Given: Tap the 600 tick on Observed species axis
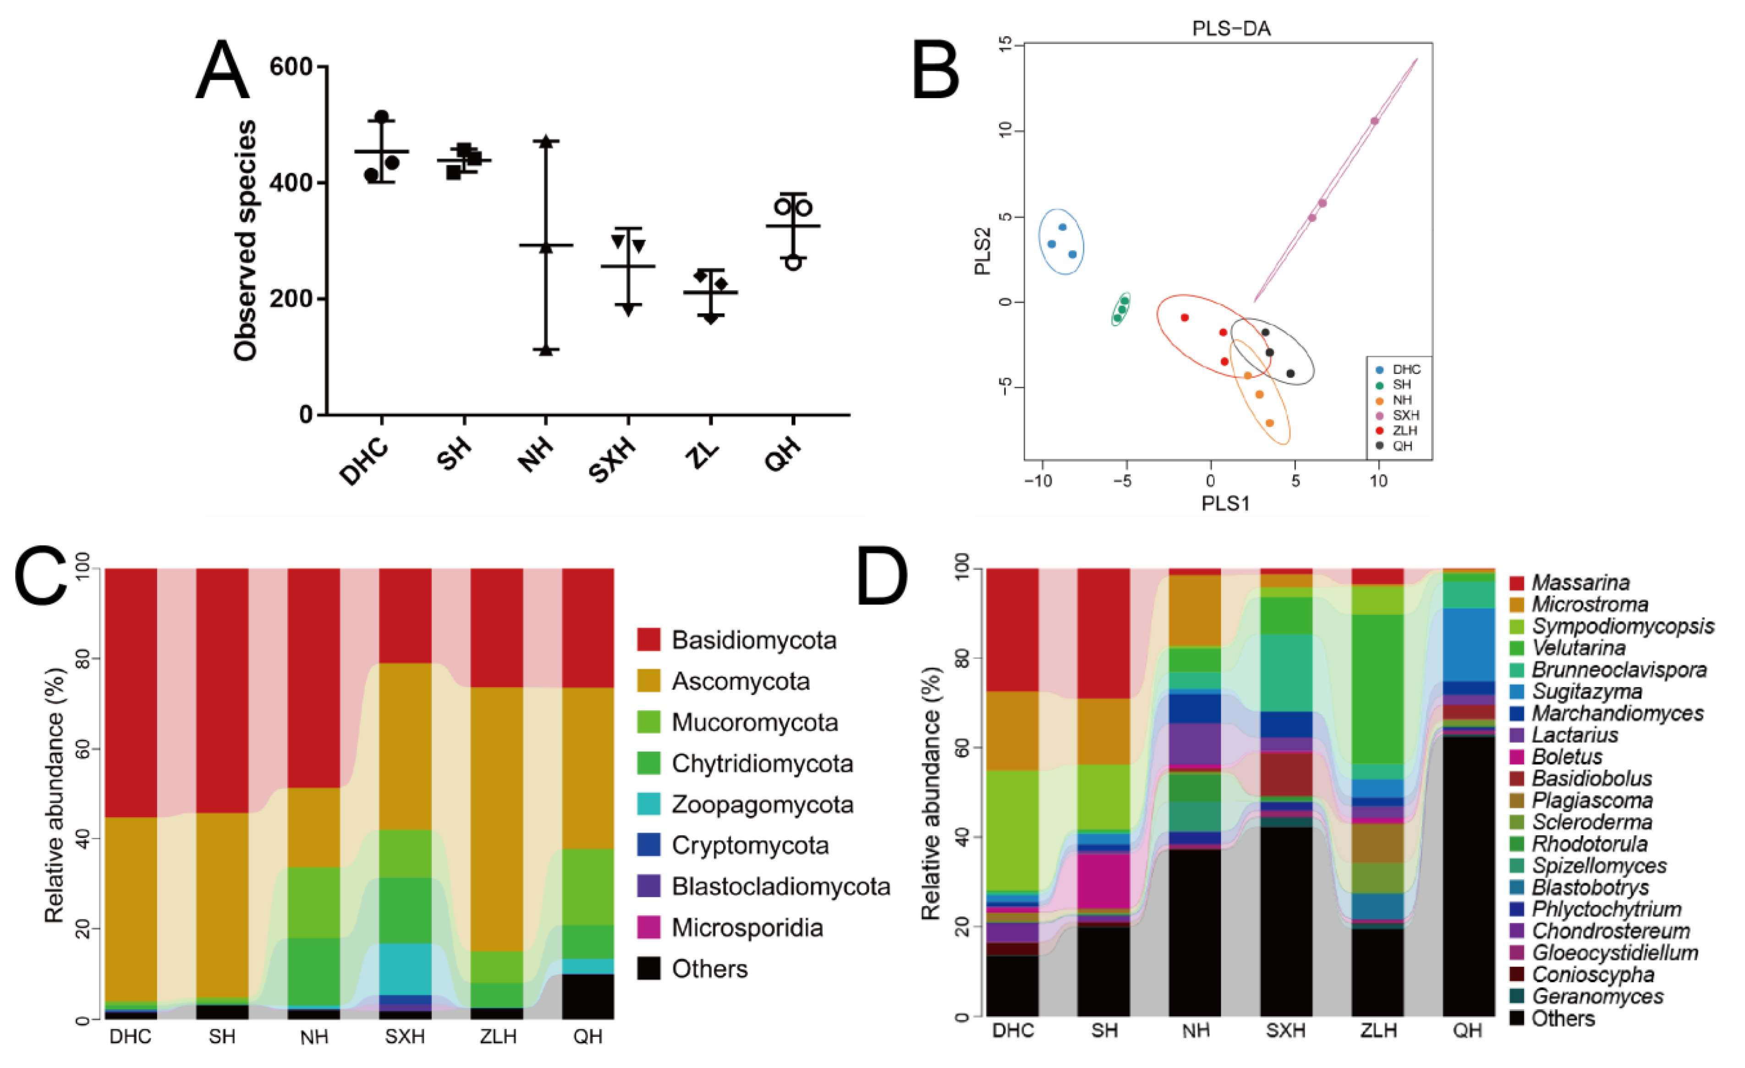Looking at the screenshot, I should [x=291, y=67].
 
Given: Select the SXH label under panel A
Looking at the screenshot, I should [x=613, y=460].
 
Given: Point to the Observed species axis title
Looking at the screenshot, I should [x=245, y=241].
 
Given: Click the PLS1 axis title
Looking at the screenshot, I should [x=1225, y=504].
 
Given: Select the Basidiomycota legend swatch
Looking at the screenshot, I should [x=649, y=639].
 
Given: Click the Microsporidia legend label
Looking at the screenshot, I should [x=747, y=928].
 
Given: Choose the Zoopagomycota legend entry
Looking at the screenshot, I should [x=762, y=804].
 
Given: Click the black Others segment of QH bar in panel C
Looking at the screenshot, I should [x=588, y=996].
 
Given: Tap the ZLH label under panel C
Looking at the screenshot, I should [x=498, y=1037].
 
